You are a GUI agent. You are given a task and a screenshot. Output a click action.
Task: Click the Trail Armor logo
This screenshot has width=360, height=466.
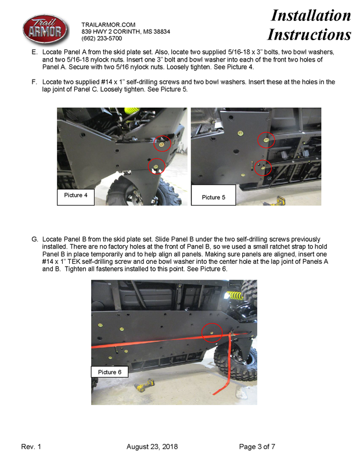coord(45,30)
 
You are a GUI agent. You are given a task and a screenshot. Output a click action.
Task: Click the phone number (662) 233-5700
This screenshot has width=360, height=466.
coord(102,38)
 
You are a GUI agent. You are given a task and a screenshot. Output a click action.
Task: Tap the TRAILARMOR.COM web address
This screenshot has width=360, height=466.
coord(109,24)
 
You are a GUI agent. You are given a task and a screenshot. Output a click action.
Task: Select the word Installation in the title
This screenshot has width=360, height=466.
coord(311,15)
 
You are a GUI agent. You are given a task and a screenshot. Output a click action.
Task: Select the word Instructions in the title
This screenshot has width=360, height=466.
coord(309,34)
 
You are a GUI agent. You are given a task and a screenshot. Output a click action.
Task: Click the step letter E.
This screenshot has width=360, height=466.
coord(34,52)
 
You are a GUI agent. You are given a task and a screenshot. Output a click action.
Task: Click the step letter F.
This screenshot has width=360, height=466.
coord(34,83)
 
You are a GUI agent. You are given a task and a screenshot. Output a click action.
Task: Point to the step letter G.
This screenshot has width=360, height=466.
coord(35,239)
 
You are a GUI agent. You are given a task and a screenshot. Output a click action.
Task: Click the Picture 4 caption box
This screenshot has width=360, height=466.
coord(74,195)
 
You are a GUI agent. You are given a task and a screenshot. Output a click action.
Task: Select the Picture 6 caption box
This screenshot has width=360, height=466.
coord(109,372)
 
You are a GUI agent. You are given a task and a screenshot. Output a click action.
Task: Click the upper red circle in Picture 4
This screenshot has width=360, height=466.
coord(164,143)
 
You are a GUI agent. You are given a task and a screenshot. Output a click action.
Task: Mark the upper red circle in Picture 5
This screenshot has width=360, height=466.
coord(266,140)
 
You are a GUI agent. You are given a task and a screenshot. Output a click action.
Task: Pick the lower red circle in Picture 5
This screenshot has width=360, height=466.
coord(263,168)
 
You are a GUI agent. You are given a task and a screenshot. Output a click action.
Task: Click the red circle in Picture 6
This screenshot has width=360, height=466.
coord(212,332)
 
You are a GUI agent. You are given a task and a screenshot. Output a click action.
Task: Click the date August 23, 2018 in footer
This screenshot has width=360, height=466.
coord(152,447)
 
